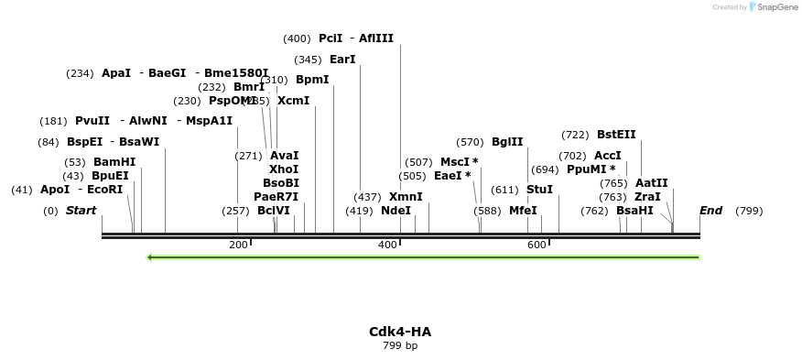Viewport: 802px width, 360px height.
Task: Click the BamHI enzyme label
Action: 114,162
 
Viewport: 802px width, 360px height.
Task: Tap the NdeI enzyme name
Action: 396,211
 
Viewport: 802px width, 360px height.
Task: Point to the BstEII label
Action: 616,135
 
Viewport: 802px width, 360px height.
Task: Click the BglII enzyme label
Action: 507,142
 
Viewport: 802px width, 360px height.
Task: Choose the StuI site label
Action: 540,190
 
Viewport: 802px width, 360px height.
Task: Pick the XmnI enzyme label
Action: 406,197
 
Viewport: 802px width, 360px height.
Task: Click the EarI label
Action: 342,60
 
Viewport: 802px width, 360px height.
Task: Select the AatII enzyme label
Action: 652,183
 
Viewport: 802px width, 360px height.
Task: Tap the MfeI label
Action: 523,211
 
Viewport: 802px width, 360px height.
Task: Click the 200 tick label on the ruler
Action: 238,245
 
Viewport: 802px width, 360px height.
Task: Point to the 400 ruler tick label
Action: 387,245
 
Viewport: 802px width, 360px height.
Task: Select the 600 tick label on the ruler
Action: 536,245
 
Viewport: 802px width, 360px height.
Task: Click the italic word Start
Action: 81,211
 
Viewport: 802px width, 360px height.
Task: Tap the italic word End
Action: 711,211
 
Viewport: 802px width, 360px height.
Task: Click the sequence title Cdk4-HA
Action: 400,332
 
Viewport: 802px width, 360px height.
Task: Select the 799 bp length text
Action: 400,346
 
